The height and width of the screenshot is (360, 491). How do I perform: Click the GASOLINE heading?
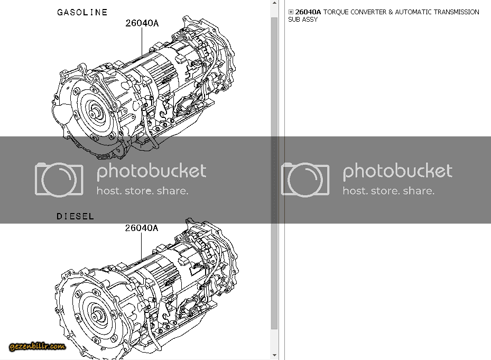point(82,12)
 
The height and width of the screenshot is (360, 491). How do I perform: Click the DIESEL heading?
point(75,216)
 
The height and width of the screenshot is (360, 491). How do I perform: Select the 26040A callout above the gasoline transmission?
point(142,23)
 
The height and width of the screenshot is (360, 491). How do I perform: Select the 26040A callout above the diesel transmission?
point(142,228)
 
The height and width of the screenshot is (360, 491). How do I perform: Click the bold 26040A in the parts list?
point(308,12)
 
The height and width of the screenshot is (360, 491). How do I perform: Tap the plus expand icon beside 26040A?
point(291,12)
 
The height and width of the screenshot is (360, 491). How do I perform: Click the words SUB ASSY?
point(303,20)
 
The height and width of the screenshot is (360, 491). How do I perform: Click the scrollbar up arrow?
point(274,3)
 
